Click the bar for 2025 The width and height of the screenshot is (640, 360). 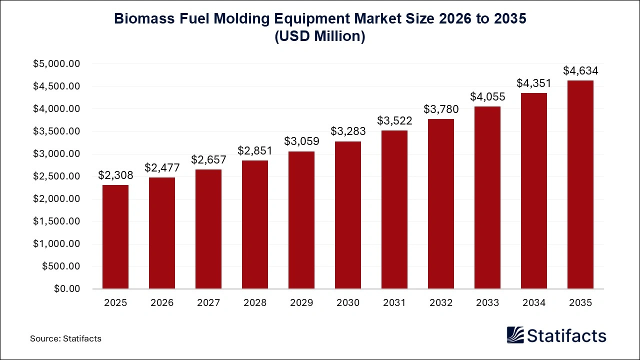tap(115, 237)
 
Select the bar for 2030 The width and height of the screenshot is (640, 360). tap(348, 215)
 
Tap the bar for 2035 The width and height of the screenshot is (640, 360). tap(580, 184)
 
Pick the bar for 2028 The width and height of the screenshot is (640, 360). tap(255, 224)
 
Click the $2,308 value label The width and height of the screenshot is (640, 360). tap(115, 175)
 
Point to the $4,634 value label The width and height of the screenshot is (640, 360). tap(580, 70)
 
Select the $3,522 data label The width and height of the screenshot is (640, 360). tap(394, 120)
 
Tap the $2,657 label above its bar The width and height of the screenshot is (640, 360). tap(208, 159)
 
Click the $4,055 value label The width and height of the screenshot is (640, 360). tap(487, 96)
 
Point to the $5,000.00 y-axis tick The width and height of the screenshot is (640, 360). tap(56, 64)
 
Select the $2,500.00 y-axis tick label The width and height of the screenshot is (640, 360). tap(56, 176)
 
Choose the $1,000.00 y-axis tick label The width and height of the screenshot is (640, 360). tap(56, 244)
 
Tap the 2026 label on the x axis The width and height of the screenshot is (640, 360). tap(162, 302)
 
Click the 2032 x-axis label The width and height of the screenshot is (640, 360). tap(441, 302)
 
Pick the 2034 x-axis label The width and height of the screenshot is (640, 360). tap(534, 302)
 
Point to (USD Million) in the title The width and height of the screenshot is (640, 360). tap(320, 36)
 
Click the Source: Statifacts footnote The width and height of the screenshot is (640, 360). tap(65, 338)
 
